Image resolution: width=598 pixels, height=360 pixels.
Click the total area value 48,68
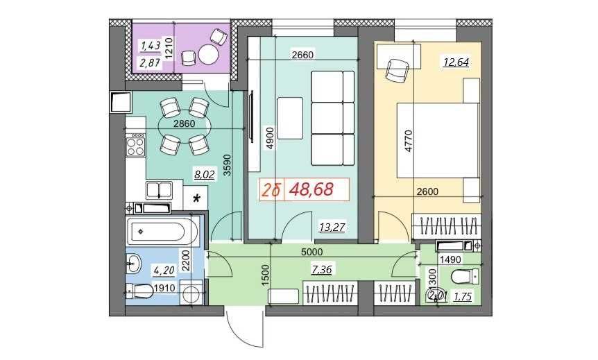311,189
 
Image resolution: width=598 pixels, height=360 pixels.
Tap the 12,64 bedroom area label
456,62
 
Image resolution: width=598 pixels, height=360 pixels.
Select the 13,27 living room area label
332,228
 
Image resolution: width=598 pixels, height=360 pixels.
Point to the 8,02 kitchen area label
205,175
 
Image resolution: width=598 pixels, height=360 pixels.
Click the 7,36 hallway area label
321,270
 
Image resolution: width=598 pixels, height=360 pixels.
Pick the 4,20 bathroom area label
164,271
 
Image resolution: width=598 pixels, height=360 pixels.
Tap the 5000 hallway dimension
311,252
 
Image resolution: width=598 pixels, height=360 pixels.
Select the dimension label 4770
409,141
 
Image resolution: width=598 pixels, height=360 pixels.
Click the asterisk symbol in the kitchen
197,198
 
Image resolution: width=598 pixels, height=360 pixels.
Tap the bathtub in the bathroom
163,231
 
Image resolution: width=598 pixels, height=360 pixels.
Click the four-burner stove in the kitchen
136,144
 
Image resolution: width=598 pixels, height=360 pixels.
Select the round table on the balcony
209,55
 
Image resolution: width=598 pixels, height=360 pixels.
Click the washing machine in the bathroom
191,293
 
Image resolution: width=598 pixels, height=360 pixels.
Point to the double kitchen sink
159,190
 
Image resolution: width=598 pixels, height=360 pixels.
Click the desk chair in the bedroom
398,70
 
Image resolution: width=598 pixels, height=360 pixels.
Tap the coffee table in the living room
290,118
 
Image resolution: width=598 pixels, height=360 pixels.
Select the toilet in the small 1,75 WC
465,275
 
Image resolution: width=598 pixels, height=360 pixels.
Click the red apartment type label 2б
271,190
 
